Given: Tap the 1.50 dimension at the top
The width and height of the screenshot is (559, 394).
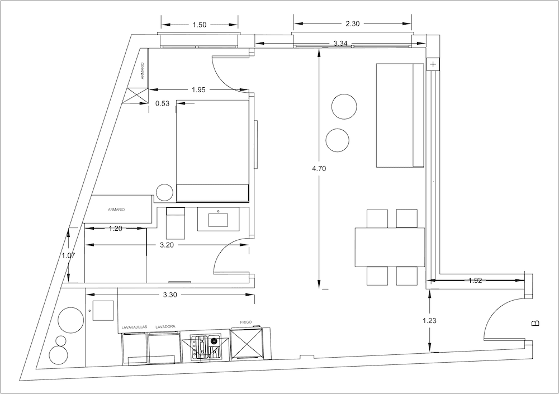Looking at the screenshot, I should [x=199, y=25].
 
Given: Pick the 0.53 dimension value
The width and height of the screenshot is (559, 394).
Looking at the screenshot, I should [x=163, y=103].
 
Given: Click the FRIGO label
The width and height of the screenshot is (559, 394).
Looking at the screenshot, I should [x=246, y=323].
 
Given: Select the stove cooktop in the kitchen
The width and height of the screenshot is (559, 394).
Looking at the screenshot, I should [x=206, y=346].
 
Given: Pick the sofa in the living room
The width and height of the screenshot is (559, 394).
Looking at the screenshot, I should [x=400, y=115].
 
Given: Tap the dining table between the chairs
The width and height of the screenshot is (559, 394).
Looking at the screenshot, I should [x=390, y=247].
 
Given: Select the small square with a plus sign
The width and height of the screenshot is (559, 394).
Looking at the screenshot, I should [x=433, y=64].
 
